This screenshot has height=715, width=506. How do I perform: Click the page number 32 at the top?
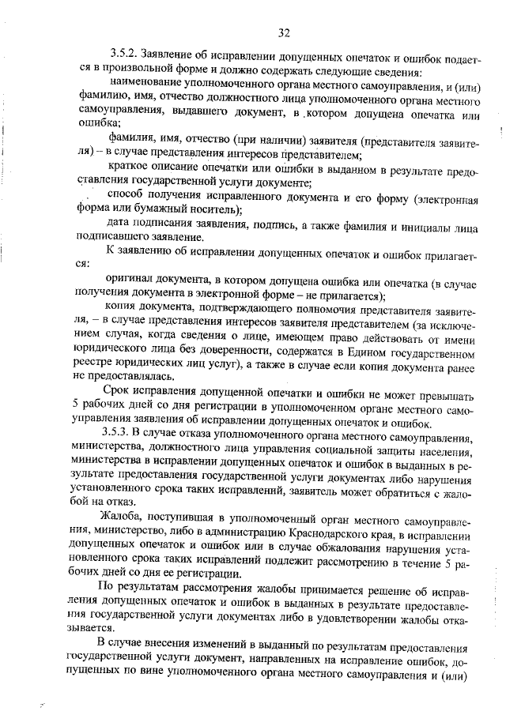[x=285, y=32]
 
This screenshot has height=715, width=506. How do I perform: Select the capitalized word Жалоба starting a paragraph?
[x=119, y=518]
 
